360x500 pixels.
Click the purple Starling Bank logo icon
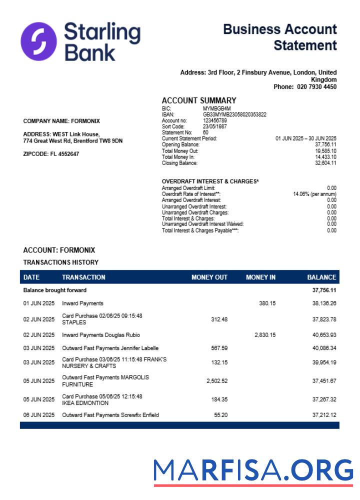38,40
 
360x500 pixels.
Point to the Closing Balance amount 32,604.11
325,163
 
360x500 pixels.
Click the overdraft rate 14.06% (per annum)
314,194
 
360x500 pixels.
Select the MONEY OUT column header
209,277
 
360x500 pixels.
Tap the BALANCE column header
321,277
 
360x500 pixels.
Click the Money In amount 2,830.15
265,335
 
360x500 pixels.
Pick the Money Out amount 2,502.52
217,381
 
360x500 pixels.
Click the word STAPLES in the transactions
74,322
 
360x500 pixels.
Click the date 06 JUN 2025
39,415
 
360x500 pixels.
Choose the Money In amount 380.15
267,303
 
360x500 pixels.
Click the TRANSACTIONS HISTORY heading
61,262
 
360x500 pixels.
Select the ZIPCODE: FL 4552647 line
51,154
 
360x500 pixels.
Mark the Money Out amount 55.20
220,415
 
